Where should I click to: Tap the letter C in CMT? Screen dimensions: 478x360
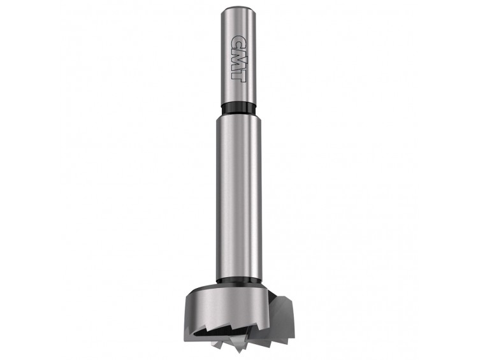pyautogui.click(x=238, y=43)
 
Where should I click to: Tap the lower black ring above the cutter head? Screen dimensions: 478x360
pyautogui.click(x=239, y=282)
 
